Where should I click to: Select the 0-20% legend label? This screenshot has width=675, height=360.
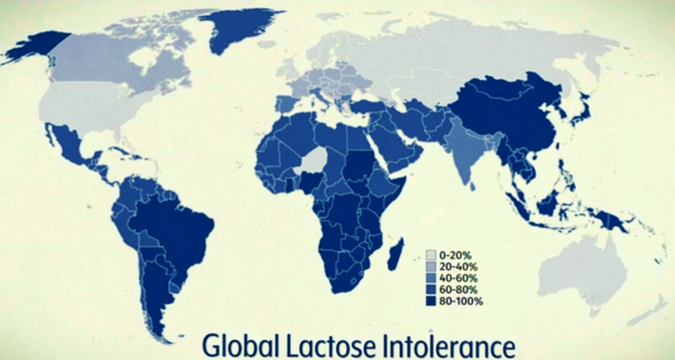[x=455, y=255]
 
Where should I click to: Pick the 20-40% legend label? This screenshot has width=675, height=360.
[x=458, y=266]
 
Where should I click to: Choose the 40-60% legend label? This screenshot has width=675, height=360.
[x=458, y=278]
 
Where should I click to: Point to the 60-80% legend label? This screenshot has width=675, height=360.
[x=458, y=289]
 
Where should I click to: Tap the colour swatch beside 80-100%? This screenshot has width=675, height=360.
[x=431, y=301]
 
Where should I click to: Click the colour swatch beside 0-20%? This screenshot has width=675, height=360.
[x=431, y=255]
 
